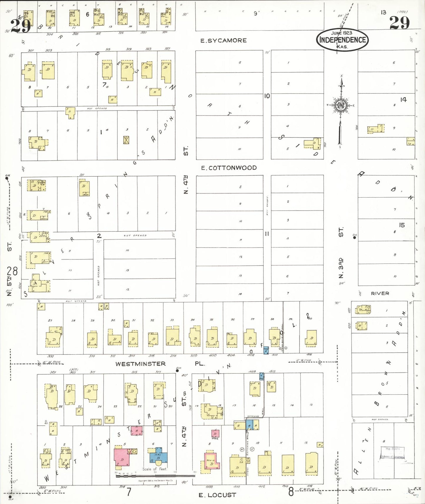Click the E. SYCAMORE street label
point(224,41)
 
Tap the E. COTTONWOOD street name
point(229,168)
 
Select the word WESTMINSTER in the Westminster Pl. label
point(141,364)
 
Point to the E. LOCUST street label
point(217,495)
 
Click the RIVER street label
point(380,293)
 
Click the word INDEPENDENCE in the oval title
point(343,40)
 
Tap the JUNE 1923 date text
point(341,33)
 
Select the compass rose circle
point(341,105)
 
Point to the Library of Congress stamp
point(393,453)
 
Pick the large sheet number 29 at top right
point(399,23)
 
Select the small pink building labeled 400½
point(215,433)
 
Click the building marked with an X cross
point(126,140)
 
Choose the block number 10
point(267,96)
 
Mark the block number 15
point(402,225)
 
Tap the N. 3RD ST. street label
point(341,253)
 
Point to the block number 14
point(403,100)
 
